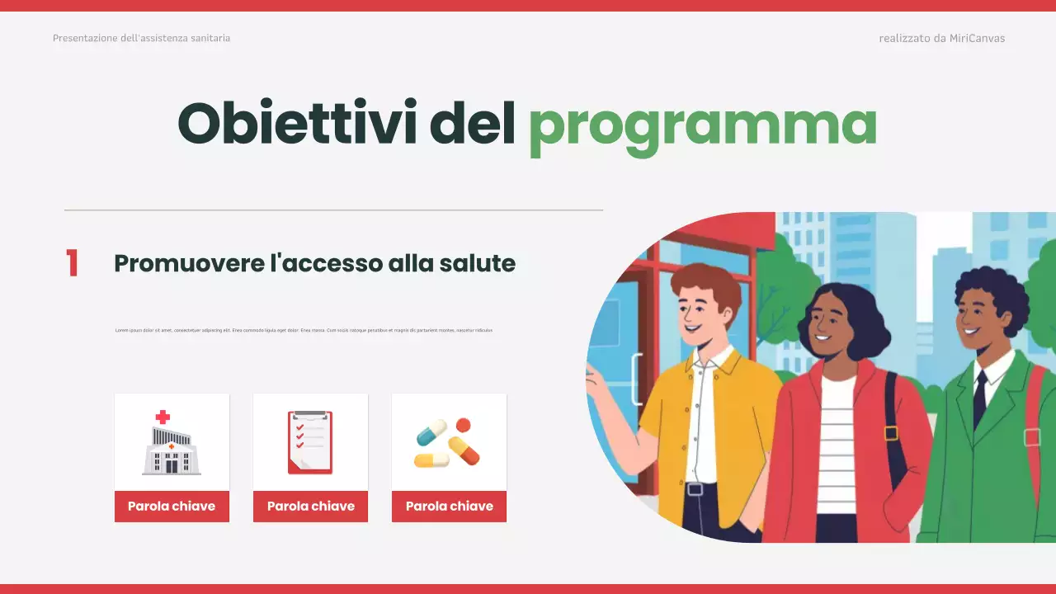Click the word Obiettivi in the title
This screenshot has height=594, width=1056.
(296, 123)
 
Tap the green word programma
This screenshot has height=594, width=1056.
(702, 125)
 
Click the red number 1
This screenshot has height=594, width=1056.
(72, 264)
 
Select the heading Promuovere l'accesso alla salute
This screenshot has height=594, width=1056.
(314, 264)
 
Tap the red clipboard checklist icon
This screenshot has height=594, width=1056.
(310, 442)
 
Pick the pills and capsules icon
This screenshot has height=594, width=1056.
(448, 442)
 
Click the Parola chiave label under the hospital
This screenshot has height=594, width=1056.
(172, 507)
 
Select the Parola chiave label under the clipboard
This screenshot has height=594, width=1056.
(310, 507)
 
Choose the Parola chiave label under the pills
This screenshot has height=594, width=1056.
(449, 507)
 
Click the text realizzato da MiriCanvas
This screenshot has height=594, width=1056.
(941, 39)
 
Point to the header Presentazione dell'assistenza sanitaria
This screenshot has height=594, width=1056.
(141, 39)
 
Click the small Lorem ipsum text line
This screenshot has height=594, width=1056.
(304, 330)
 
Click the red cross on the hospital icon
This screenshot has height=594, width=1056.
(163, 417)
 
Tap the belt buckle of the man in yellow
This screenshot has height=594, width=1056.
(695, 489)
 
